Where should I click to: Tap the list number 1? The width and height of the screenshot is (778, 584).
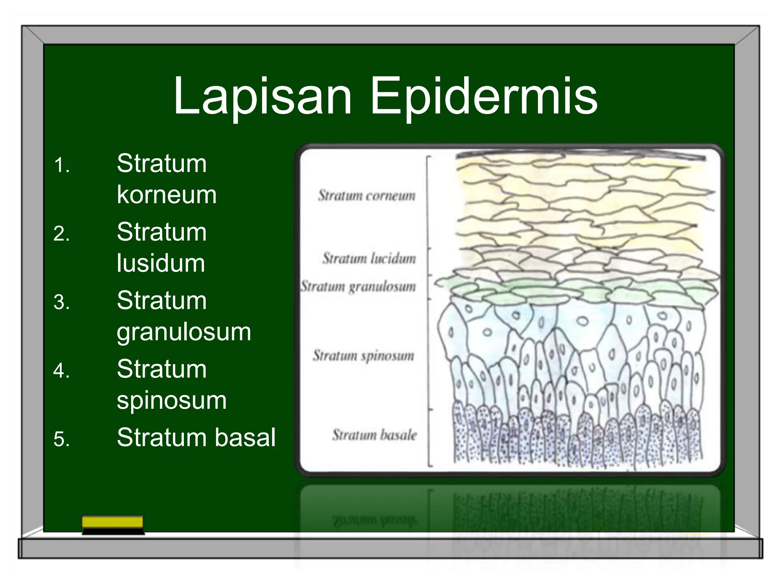tap(62, 166)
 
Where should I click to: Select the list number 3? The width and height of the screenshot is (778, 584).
tap(62, 303)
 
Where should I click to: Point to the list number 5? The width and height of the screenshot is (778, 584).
tap(62, 440)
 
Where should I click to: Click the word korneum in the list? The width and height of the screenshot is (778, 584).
tap(166, 195)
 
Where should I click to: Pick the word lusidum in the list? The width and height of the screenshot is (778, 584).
tap(161, 263)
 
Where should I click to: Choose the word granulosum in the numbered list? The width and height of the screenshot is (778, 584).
tap(184, 332)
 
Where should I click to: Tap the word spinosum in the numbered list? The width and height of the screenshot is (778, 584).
tap(172, 400)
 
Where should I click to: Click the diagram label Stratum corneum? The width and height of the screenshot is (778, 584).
tap(367, 196)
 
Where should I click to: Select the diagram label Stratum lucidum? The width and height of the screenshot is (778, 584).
tap(369, 259)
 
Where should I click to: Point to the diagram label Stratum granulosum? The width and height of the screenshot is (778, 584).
tap(358, 286)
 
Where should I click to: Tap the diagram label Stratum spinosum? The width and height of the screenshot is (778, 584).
tap(363, 356)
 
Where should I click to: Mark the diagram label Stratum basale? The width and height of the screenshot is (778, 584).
tap(374, 435)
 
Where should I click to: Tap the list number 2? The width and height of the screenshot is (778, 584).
tap(62, 234)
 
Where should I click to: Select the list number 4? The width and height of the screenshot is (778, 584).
tap(62, 371)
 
